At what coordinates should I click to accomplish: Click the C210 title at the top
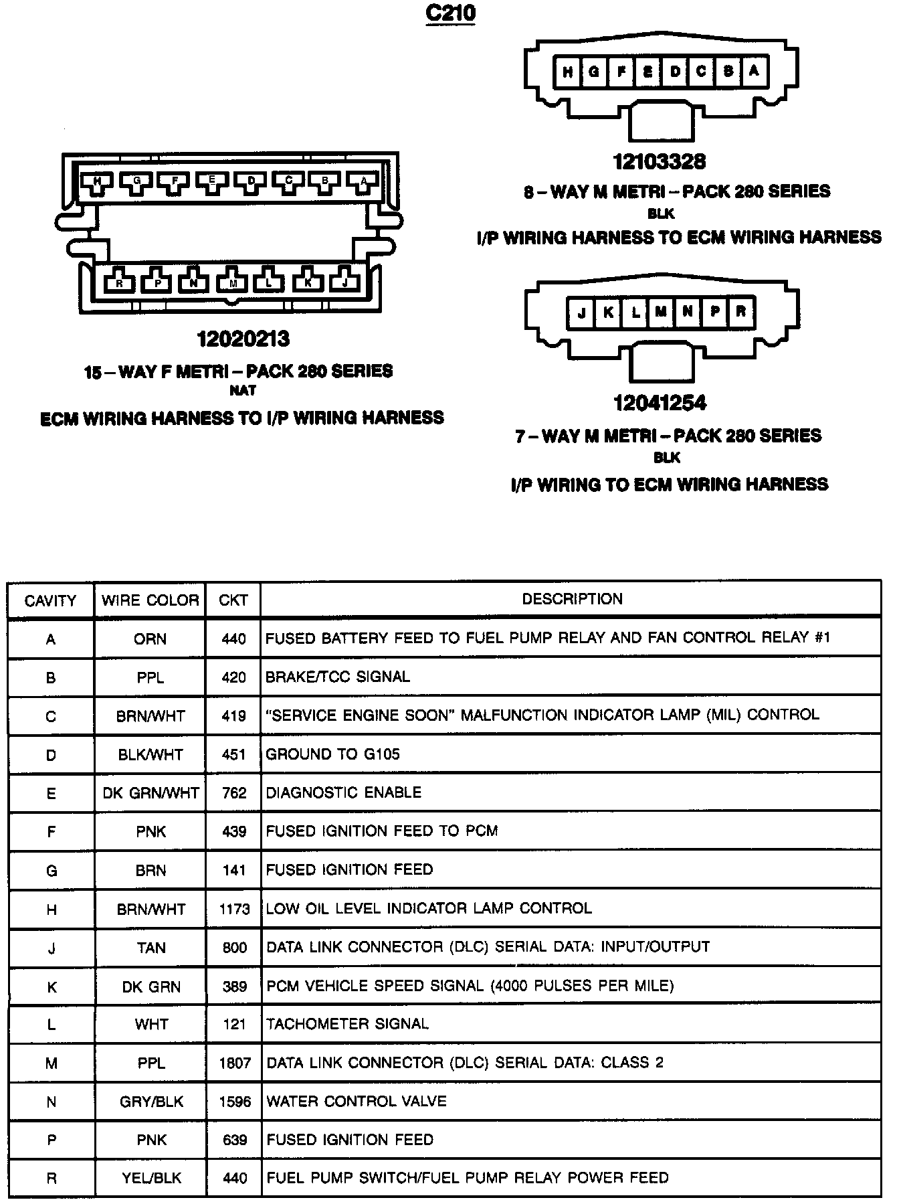point(450,14)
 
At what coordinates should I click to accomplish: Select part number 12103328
point(660,162)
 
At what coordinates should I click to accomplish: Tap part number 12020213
point(243,339)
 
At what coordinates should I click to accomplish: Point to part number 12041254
point(660,403)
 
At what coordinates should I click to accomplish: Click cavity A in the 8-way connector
point(754,71)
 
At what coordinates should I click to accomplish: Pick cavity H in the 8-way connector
point(568,72)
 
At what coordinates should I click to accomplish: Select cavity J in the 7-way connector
point(582,313)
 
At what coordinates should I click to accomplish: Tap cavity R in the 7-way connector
point(740,313)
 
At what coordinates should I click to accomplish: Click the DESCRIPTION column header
point(572,599)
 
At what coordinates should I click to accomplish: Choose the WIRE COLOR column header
point(151,600)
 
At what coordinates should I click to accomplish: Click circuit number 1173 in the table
point(234,909)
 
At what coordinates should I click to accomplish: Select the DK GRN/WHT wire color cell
point(151,793)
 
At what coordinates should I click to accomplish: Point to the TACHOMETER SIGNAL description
point(347,1024)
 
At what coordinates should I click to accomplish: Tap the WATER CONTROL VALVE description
point(356,1101)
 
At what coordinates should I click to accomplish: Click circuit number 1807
point(234,1063)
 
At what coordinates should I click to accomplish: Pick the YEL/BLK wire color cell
point(151,1179)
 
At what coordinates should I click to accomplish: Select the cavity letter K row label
point(52,986)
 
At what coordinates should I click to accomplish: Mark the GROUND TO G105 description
point(332,754)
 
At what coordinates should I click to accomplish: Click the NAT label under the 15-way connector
point(243,390)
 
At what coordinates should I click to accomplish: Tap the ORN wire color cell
point(151,639)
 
